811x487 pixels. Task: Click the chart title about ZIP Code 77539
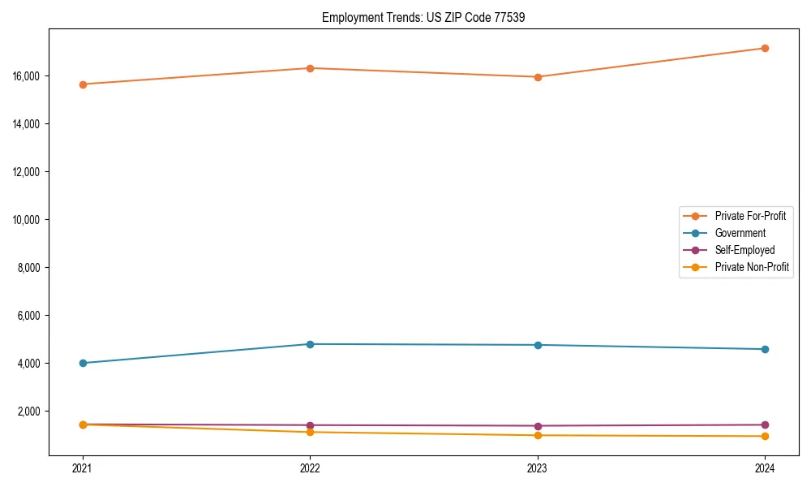(x=423, y=17)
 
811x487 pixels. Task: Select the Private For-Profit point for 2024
(x=765, y=48)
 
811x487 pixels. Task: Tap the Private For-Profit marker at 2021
(x=83, y=84)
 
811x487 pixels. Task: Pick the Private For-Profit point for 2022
(x=310, y=68)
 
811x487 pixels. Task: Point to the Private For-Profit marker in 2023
(x=538, y=77)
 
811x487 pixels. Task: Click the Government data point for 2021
(x=83, y=363)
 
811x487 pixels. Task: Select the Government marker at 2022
(x=310, y=344)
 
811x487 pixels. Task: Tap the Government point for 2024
(x=765, y=349)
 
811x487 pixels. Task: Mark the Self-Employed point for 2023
(x=538, y=426)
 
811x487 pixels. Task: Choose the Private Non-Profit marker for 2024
(x=765, y=437)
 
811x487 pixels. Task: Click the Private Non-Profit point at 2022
(x=310, y=432)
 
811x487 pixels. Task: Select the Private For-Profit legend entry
(x=750, y=216)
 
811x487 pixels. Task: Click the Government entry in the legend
(x=740, y=233)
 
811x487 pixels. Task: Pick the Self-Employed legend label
(x=744, y=250)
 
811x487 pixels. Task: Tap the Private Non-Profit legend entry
(x=752, y=267)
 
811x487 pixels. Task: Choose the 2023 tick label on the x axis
(x=538, y=468)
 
